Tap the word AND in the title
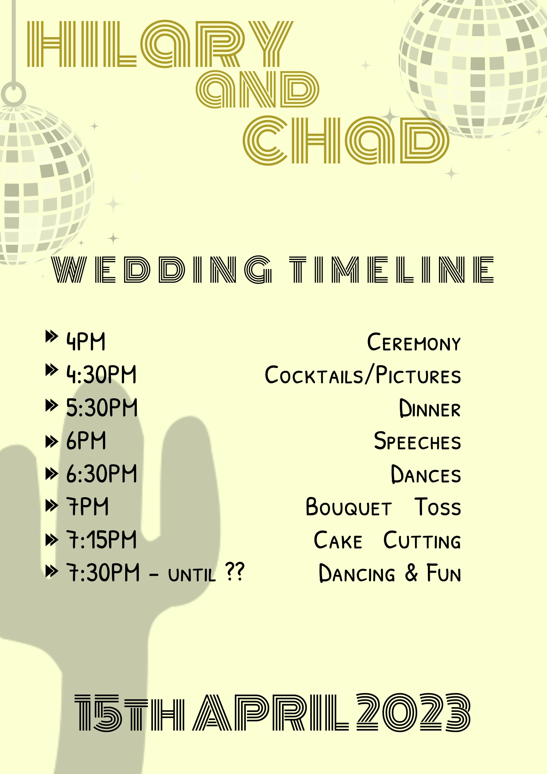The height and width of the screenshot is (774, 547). click(x=258, y=90)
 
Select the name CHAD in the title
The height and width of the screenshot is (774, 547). click(x=346, y=140)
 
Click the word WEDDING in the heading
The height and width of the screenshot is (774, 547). click(x=162, y=270)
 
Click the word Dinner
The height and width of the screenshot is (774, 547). click(x=430, y=408)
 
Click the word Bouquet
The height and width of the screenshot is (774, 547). click(x=349, y=507)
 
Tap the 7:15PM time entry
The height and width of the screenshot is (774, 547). click(x=101, y=540)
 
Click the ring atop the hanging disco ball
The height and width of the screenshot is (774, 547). click(x=14, y=93)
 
